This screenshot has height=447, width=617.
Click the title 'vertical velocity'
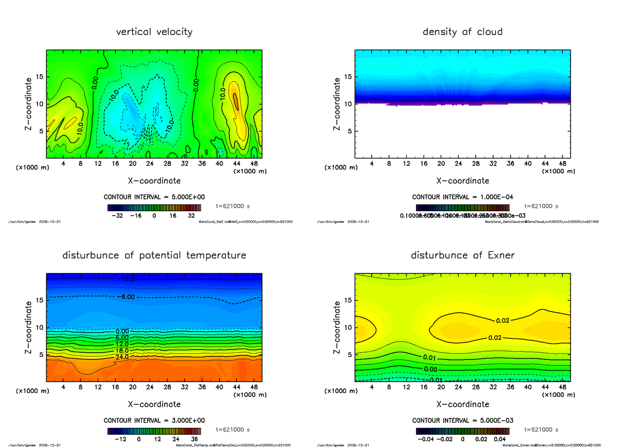[154, 32]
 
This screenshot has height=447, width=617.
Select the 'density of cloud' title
[462, 32]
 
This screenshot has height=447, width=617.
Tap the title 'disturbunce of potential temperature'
[154, 255]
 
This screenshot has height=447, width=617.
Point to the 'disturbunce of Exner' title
[462, 255]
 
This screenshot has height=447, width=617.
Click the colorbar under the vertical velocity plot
[154, 208]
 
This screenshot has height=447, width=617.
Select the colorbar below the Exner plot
[462, 431]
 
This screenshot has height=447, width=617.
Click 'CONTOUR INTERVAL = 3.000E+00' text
[154, 420]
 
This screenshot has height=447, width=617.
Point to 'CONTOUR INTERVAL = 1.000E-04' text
[462, 197]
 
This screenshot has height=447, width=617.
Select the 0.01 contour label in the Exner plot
[430, 357]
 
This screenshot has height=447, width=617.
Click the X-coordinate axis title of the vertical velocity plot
[154, 181]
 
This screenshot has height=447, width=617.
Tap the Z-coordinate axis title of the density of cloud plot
[337, 104]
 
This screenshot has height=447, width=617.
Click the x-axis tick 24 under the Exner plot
[459, 387]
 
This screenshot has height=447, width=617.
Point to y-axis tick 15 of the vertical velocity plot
[40, 77]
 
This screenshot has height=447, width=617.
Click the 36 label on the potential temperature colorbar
[194, 439]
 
